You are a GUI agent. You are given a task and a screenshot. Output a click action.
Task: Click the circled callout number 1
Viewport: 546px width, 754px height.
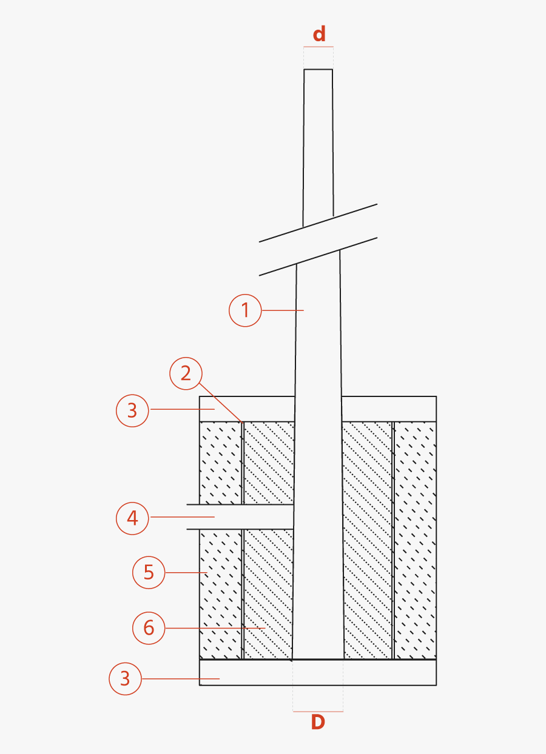pyautogui.click(x=245, y=310)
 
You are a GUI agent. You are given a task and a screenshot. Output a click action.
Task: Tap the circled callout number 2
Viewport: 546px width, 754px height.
pyautogui.click(x=186, y=373)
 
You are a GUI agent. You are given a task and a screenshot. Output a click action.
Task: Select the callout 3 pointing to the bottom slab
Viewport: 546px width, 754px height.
pyautogui.click(x=126, y=679)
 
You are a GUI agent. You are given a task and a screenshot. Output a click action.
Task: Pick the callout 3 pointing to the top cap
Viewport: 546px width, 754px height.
pyautogui.click(x=132, y=411)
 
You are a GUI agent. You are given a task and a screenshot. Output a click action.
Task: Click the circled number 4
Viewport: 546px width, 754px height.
pyautogui.click(x=132, y=518)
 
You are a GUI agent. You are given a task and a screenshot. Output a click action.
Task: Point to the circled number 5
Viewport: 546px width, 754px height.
pyautogui.click(x=149, y=572)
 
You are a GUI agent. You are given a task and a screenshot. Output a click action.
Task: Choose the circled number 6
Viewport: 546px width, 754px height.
pyautogui.click(x=149, y=628)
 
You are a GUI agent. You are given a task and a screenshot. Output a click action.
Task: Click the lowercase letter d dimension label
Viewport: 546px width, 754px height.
pyautogui.click(x=319, y=34)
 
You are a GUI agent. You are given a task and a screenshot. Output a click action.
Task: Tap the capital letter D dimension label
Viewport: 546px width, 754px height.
pyautogui.click(x=318, y=722)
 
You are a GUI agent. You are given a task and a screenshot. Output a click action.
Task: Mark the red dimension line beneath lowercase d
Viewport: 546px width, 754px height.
pyautogui.click(x=318, y=47)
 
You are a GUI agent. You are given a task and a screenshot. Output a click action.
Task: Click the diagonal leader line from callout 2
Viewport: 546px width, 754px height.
pyautogui.click(x=221, y=402)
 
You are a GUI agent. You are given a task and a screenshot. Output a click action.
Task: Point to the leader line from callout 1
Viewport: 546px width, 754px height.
pyautogui.click(x=283, y=310)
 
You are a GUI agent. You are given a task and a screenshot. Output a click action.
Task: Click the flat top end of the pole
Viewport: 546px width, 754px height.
pyautogui.click(x=318, y=70)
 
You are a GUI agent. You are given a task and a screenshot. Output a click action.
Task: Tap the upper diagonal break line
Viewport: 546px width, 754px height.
pyautogui.click(x=318, y=223)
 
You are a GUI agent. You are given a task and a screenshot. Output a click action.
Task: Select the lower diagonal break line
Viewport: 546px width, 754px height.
pyautogui.click(x=318, y=256)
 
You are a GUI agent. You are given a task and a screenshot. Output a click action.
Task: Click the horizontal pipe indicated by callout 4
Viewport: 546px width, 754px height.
pyautogui.click(x=240, y=516)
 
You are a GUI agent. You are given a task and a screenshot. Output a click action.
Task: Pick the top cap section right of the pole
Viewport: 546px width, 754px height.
pyautogui.click(x=389, y=409)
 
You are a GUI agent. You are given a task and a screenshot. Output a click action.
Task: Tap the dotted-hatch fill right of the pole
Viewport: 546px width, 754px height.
pyautogui.click(x=368, y=540)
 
